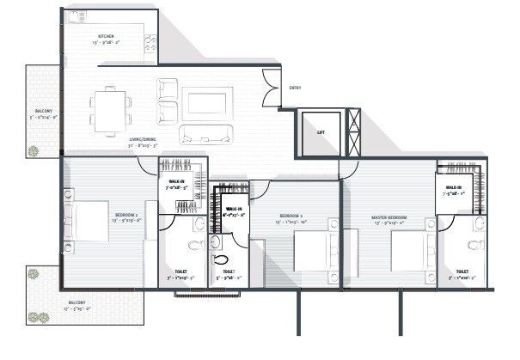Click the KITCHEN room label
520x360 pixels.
(107, 36)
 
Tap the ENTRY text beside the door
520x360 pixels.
(295, 88)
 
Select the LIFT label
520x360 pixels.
(321, 132)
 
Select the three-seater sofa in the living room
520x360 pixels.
(205, 133)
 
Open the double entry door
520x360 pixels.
(272, 88)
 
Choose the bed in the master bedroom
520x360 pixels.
(410, 253)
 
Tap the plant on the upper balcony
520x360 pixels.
(33, 150)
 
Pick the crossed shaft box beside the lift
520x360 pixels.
(352, 132)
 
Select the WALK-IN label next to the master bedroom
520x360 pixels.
(454, 188)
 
